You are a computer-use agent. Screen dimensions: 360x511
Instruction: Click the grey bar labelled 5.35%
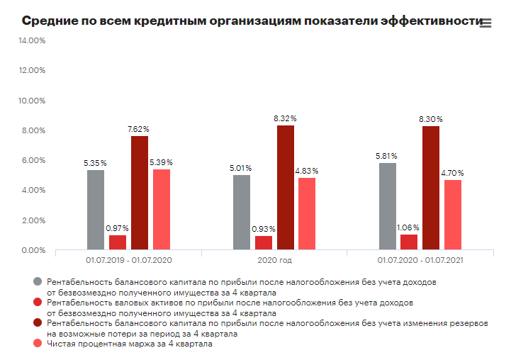(x=96, y=210)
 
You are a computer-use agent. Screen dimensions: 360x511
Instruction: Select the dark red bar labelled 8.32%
(x=286, y=187)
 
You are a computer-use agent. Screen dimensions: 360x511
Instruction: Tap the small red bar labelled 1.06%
(x=409, y=242)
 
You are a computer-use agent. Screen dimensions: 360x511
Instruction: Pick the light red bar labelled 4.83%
(x=307, y=214)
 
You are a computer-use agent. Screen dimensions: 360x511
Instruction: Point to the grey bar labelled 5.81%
(x=388, y=206)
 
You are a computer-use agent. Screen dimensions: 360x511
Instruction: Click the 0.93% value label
(x=264, y=229)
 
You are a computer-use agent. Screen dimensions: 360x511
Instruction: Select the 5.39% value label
(x=161, y=162)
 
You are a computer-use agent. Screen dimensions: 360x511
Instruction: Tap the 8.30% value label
(x=431, y=118)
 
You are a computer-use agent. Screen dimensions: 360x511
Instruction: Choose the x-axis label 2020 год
(x=274, y=261)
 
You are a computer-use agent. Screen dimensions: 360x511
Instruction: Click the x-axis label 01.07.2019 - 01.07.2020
(x=128, y=261)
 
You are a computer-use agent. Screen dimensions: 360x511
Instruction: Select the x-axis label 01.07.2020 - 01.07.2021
(x=420, y=261)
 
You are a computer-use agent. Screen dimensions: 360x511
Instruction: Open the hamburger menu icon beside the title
(x=485, y=23)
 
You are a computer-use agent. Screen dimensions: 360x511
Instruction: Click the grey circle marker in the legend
(x=38, y=281)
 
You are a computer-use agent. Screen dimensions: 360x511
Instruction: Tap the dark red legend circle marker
(x=38, y=323)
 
